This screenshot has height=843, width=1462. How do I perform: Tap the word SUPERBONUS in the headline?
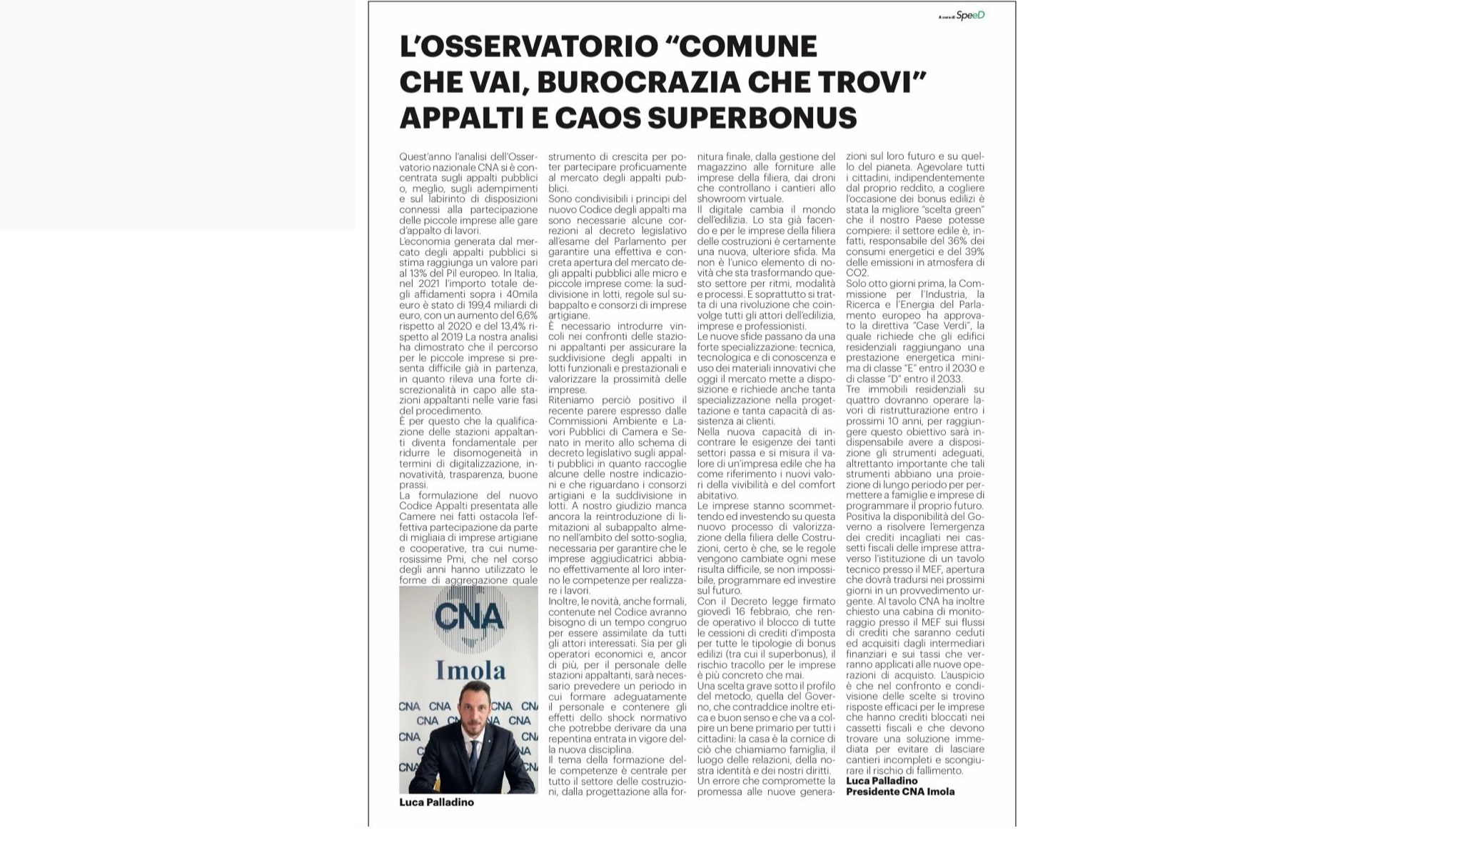752,118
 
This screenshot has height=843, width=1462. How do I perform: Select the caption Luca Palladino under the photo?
436,802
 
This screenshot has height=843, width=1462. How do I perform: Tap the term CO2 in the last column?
857,273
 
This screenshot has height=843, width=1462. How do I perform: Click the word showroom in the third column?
721,199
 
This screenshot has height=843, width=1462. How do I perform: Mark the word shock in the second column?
622,718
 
